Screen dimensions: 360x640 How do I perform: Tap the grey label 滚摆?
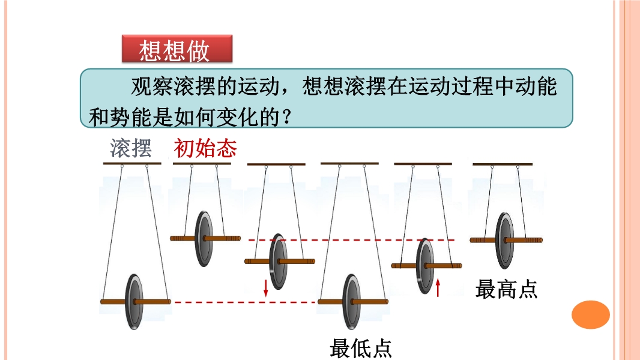131,148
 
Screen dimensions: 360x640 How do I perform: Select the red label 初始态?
205,148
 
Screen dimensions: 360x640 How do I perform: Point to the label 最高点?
506,289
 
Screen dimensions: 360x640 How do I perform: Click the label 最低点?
360,348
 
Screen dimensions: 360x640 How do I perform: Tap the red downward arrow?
265,287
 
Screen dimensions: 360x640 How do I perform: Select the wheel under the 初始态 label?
205,238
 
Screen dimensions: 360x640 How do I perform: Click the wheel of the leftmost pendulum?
134,301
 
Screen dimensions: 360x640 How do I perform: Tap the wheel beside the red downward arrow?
277,262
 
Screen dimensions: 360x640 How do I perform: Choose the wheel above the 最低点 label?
352,302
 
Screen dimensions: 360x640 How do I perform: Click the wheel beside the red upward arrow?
426,265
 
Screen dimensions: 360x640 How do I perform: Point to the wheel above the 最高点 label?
504,241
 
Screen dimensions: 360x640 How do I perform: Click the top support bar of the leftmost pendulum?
131,163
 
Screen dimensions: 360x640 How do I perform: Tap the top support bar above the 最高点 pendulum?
503,163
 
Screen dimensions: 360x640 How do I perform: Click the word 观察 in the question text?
148,86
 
